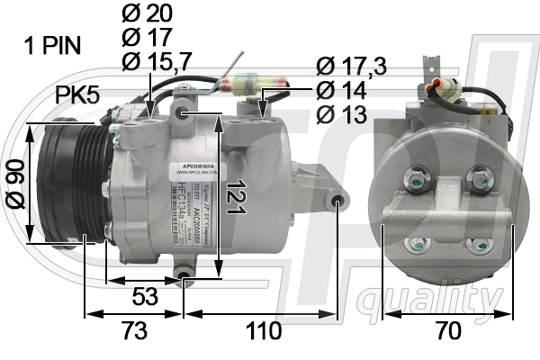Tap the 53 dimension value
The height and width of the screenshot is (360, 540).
142,295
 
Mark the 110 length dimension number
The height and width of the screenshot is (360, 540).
263,331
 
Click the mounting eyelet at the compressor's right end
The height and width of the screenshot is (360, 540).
337,200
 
